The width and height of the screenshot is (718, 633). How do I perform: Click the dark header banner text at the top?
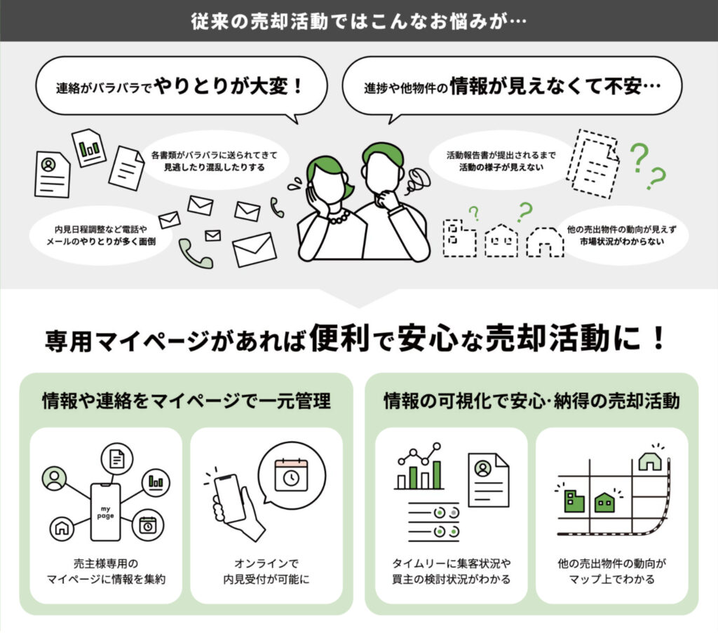(x=358, y=20)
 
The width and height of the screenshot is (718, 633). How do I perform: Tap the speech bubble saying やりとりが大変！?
(x=180, y=88)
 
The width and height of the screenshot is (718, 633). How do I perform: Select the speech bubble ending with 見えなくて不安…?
(x=511, y=88)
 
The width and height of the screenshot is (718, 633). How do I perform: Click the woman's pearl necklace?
(x=338, y=217)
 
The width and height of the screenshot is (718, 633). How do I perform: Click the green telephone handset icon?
(x=195, y=254)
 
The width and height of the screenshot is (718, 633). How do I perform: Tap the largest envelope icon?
(x=255, y=249)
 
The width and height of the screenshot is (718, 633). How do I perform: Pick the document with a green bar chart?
(x=89, y=147)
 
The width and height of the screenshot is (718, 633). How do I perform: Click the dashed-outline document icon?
(x=592, y=163)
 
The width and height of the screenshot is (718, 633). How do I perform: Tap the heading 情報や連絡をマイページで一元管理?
(x=186, y=402)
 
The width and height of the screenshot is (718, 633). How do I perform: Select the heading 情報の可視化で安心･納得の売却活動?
(x=531, y=402)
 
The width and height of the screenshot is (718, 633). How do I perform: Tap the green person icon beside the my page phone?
(x=54, y=478)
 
